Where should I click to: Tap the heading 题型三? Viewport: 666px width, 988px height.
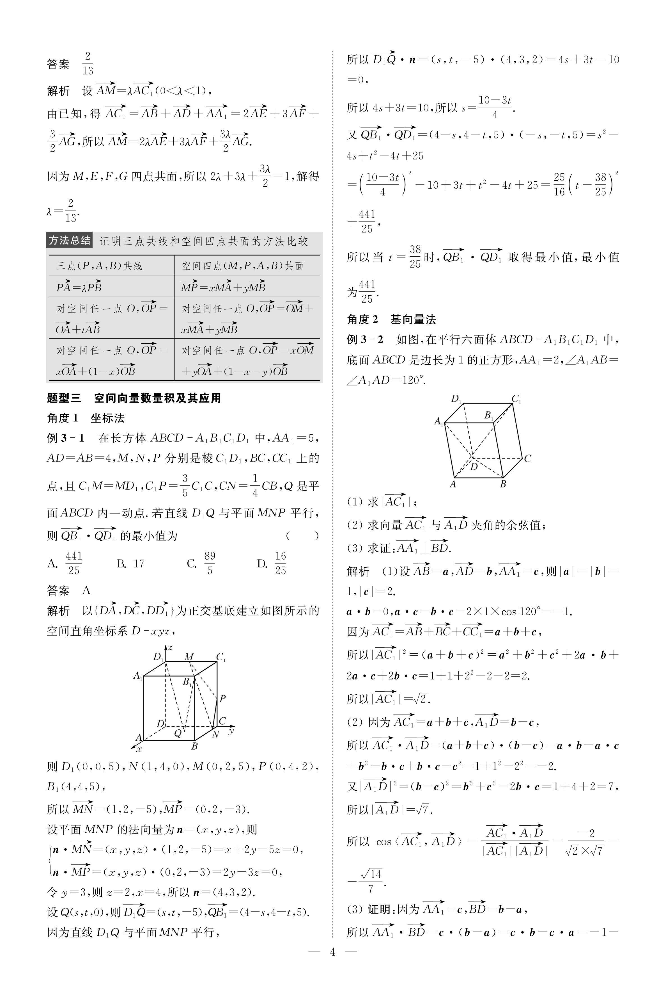(64, 398)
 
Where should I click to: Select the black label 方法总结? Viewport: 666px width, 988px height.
(69, 241)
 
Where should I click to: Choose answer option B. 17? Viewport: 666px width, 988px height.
(131, 563)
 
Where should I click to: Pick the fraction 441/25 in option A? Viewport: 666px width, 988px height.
(74, 563)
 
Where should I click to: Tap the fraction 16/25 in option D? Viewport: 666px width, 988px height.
(280, 563)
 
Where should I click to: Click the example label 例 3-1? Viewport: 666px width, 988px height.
(66, 438)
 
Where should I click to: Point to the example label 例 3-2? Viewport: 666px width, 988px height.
(365, 339)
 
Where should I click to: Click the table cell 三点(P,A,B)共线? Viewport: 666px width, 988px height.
(99, 266)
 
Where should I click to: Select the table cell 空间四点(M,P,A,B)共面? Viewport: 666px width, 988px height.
(243, 266)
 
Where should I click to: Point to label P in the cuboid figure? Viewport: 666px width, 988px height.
(222, 698)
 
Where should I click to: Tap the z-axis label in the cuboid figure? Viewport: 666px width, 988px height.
(170, 648)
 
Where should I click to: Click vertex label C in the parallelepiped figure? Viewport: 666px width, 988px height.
(527, 458)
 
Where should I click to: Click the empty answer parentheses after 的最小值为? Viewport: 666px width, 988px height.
(302, 535)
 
